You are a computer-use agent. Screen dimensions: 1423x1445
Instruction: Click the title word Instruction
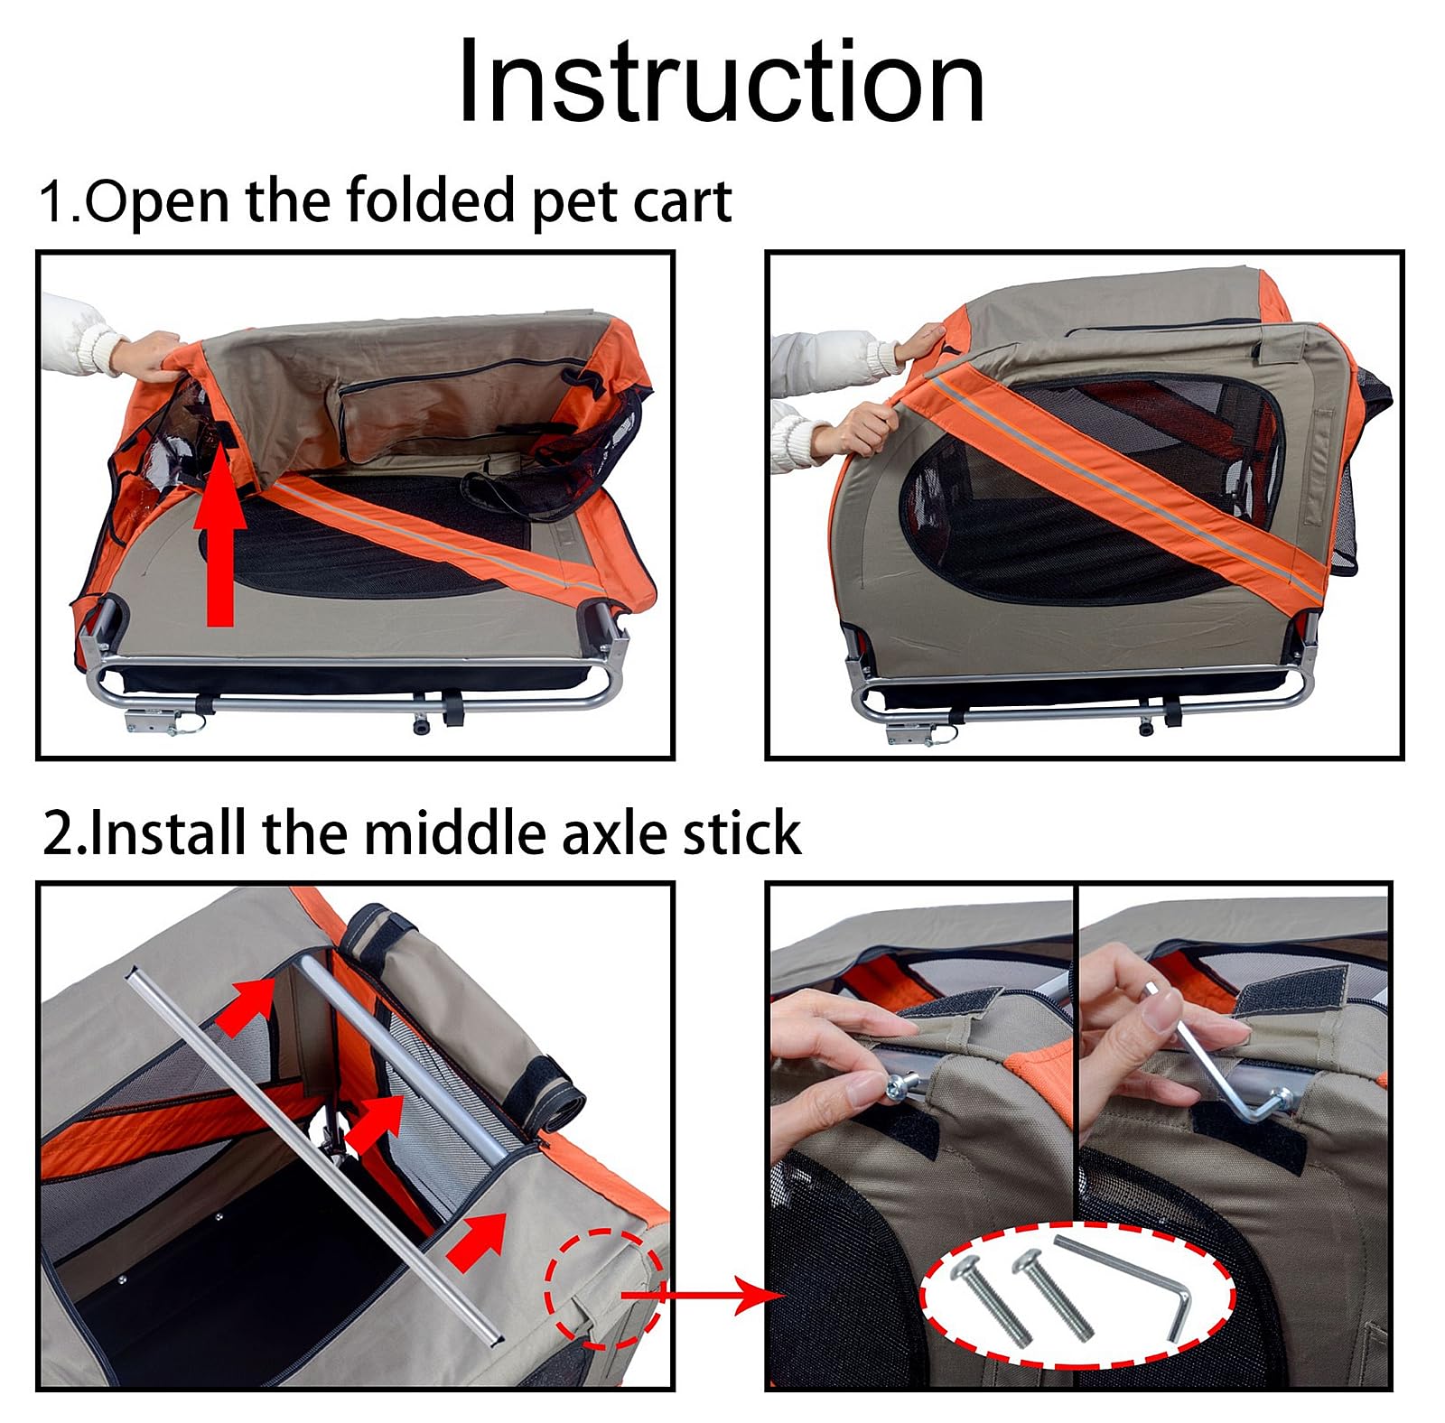tap(720, 83)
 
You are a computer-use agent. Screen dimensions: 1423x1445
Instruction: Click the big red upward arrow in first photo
tap(219, 551)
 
